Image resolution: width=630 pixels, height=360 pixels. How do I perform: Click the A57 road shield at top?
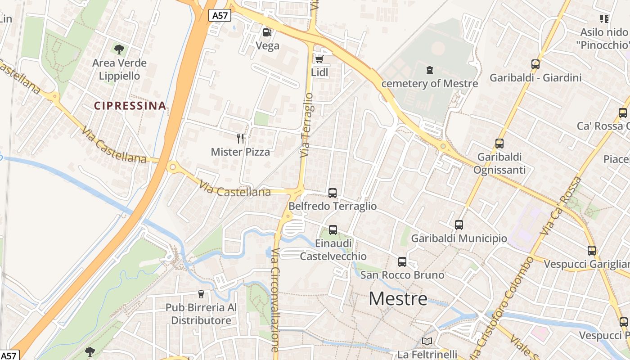pos(220,16)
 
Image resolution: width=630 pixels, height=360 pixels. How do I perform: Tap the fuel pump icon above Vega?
pos(267,32)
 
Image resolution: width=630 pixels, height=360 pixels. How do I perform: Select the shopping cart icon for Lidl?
pos(319,59)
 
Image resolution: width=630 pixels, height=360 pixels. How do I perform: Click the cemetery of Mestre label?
pos(429,83)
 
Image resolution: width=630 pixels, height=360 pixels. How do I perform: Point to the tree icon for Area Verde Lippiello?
pos(119,49)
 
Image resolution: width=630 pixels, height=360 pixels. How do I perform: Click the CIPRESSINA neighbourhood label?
pos(130,106)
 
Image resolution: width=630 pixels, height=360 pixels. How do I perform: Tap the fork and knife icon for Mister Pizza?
pos(240,138)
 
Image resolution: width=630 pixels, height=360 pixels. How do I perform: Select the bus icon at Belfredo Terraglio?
pos(333,193)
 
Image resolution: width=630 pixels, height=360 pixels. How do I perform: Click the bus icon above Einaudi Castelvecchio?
pos(333,230)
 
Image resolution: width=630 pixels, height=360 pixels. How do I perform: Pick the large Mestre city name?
pos(398,299)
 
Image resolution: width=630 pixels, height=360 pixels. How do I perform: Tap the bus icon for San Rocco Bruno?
pos(402,262)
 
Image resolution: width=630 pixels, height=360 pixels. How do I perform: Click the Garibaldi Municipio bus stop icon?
pos(459,225)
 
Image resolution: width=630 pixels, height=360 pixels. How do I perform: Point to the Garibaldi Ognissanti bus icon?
pos(499,144)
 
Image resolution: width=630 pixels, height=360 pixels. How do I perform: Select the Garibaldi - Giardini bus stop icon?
pos(535,64)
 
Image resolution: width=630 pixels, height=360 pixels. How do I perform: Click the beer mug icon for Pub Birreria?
pos(201,294)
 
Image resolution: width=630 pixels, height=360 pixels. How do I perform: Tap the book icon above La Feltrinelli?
pos(427,342)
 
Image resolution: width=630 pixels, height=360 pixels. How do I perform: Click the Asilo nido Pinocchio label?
pos(603,38)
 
